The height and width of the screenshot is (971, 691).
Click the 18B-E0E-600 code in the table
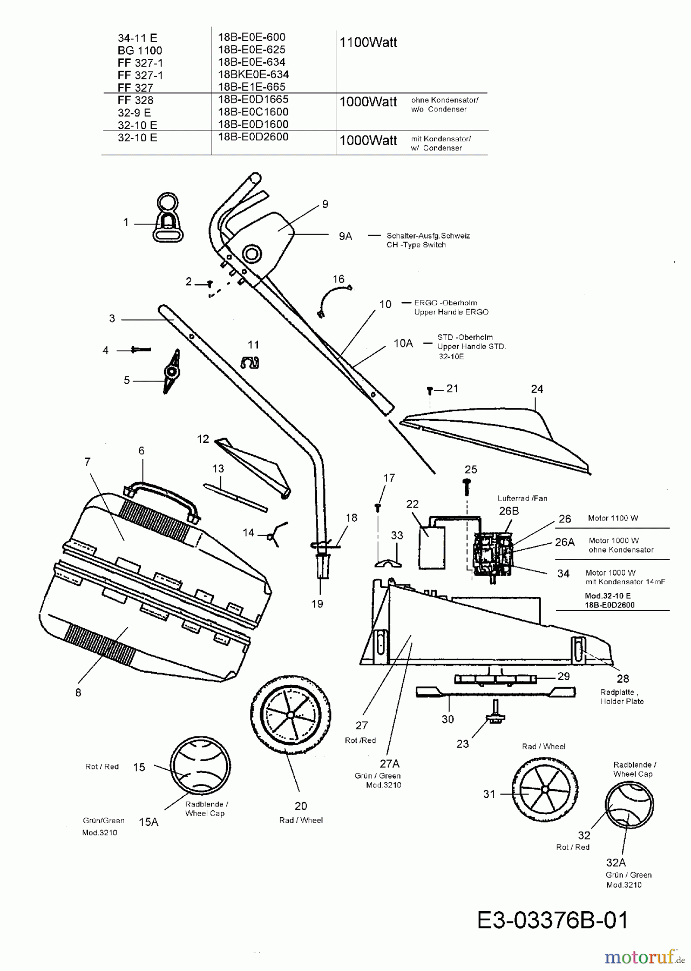(x=251, y=37)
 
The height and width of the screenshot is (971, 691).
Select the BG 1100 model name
(x=140, y=50)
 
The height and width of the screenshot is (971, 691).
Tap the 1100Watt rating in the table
(x=368, y=43)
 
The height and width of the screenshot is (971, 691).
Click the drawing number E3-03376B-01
(x=553, y=920)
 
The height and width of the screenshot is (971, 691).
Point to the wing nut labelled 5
(x=172, y=372)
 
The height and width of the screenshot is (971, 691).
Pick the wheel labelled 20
(x=290, y=715)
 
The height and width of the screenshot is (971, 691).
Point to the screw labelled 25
(x=467, y=487)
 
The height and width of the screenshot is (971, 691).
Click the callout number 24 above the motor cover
(x=537, y=389)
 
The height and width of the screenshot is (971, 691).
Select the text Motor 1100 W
(x=613, y=518)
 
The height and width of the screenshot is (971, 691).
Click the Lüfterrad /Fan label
(x=522, y=498)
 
